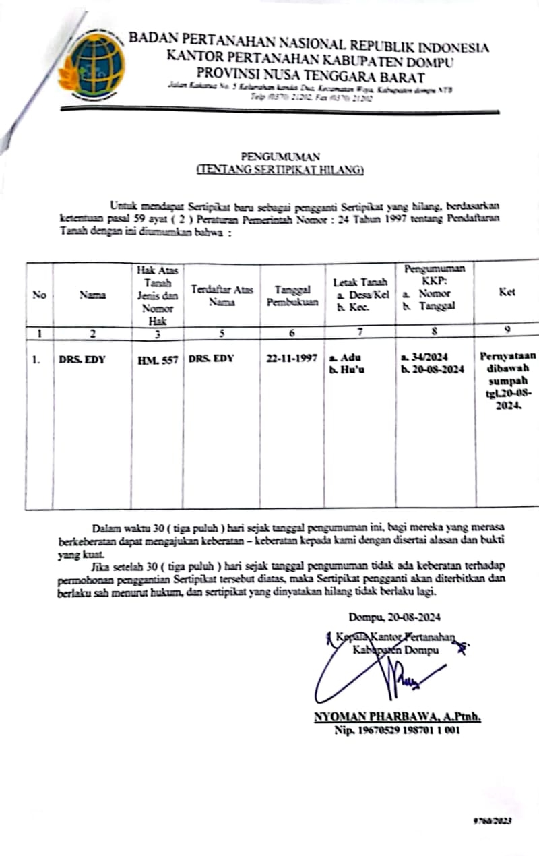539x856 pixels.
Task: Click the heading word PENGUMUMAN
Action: (280, 157)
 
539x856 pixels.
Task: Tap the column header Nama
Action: (88, 293)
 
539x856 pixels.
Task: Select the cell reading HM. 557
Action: (158, 359)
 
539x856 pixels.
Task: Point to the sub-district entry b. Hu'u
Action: (343, 370)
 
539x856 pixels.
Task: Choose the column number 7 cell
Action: (360, 332)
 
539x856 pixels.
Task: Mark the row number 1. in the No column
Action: (36, 359)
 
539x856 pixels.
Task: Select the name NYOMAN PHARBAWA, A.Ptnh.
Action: (397, 716)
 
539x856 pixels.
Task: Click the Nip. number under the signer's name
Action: (398, 730)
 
